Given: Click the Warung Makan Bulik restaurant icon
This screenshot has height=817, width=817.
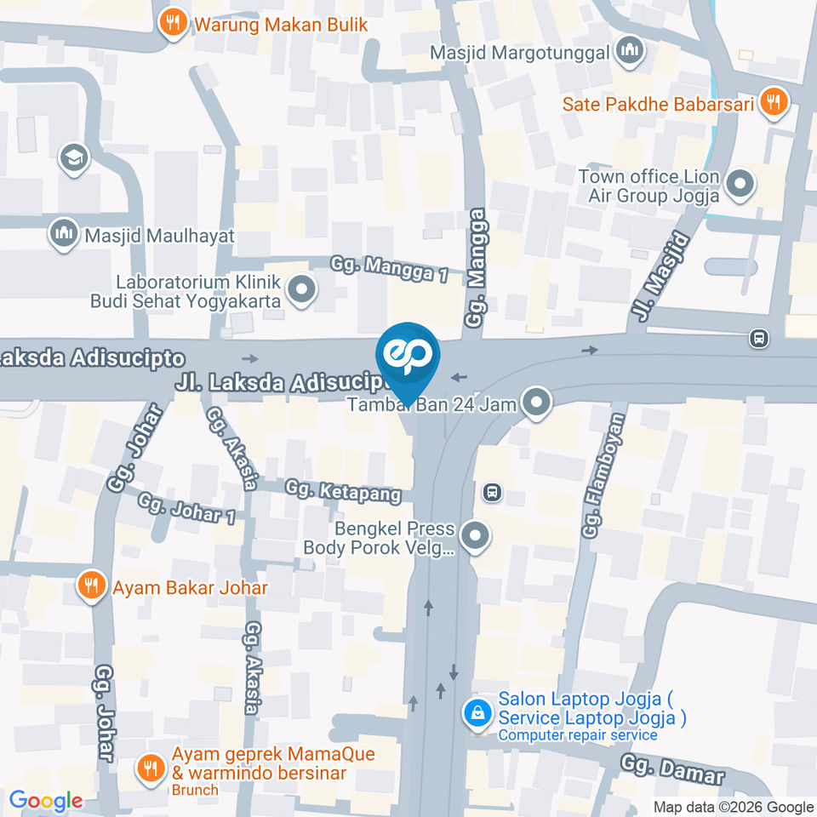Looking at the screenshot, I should pyautogui.click(x=174, y=23).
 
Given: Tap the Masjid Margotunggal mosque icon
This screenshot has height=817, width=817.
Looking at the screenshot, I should pyautogui.click(x=630, y=52).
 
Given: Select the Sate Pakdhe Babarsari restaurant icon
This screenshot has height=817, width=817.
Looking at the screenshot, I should pyautogui.click(x=774, y=103).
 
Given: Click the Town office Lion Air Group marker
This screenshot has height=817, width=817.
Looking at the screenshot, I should pyautogui.click(x=740, y=184).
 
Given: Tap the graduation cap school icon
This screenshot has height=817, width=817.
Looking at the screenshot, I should pyautogui.click(x=74, y=157).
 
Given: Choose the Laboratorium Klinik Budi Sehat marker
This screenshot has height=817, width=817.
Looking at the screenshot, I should pyautogui.click(x=300, y=291).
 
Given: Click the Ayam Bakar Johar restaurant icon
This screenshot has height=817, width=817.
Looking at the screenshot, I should pyautogui.click(x=91, y=586).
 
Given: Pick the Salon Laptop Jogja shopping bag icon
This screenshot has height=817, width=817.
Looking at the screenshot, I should pyautogui.click(x=477, y=712).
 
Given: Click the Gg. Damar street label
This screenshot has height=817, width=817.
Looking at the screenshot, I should pyautogui.click(x=671, y=768).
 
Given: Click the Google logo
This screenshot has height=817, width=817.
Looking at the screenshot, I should pyautogui.click(x=46, y=801).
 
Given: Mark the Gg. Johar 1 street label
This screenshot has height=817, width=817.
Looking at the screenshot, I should pyautogui.click(x=186, y=508).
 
